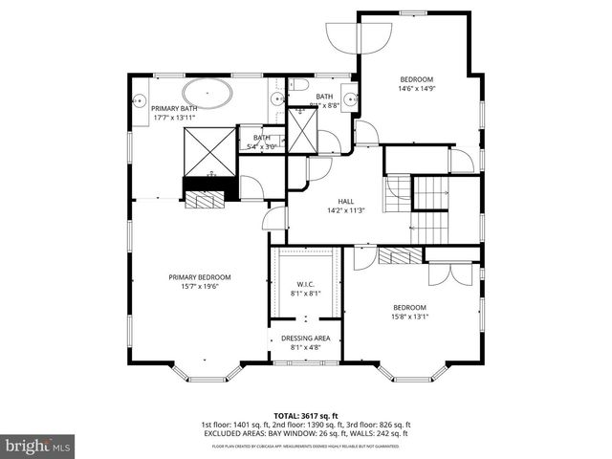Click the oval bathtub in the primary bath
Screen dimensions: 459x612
207,95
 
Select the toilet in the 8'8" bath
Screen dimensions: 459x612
298,84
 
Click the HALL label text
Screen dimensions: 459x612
333,201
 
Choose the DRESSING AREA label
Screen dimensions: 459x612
306,338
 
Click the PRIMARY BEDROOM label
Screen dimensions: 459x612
200,277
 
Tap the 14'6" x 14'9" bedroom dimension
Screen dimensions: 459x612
416,89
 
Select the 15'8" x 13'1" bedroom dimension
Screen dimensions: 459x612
409,317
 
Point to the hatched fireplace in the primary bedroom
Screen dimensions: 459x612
202,199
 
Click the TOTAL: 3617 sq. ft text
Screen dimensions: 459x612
305,415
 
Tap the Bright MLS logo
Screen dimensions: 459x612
38,445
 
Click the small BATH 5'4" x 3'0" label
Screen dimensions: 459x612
262,142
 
